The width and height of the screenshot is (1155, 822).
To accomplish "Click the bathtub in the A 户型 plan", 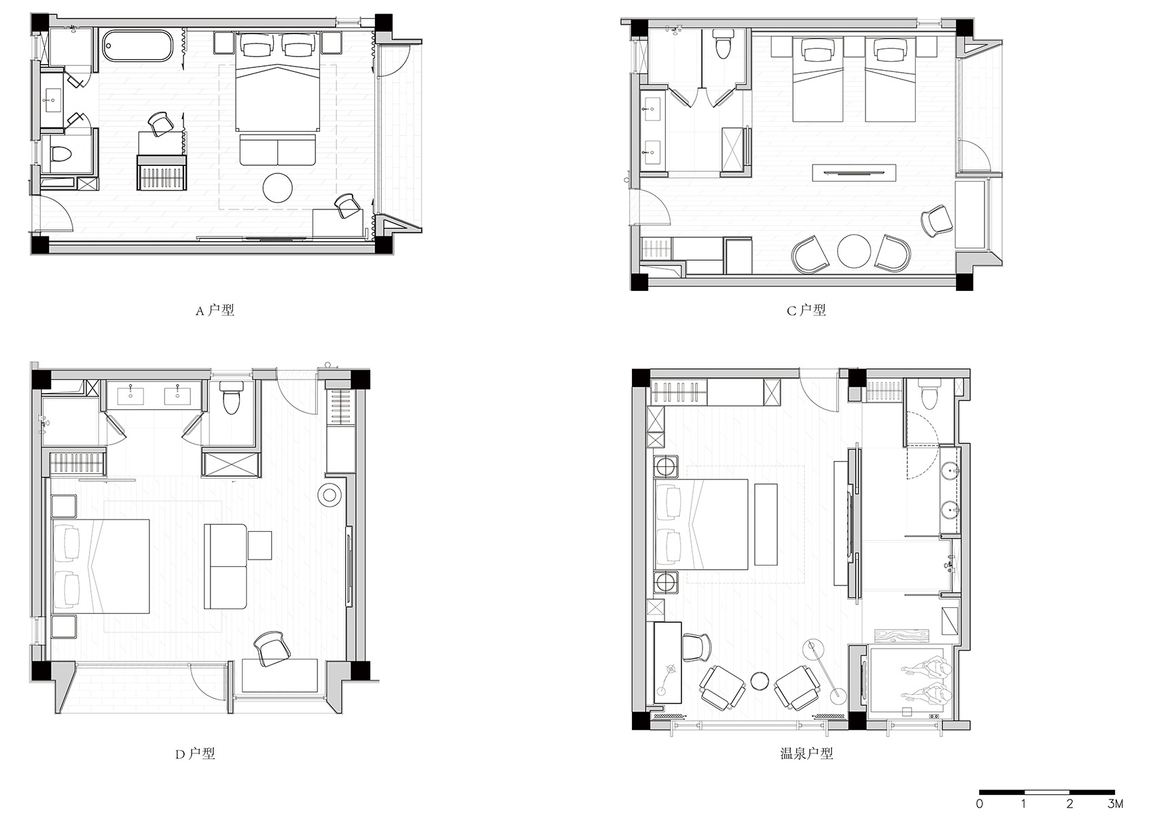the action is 138,46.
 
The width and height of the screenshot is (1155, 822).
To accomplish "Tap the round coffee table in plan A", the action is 278,187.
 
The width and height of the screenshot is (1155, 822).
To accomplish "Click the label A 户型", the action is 215,310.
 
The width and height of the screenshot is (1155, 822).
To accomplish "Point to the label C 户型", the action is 806,310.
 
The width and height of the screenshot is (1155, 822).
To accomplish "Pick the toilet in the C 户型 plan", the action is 724,44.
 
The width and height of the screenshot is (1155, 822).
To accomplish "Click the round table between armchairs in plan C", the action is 854,252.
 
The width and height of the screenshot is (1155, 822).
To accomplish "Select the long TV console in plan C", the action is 854,172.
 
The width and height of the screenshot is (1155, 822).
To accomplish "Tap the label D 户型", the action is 195,754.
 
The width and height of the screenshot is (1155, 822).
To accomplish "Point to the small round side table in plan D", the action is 330,496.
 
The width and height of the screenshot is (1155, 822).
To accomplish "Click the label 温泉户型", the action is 806,754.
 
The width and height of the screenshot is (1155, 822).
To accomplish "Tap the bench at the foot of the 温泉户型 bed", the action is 766,524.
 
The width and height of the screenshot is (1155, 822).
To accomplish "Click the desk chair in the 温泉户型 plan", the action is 697,647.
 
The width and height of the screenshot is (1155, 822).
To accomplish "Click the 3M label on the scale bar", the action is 1116,804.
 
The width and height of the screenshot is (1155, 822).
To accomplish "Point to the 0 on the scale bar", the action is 980,804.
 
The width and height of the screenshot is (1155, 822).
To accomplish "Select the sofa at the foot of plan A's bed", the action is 278,150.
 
